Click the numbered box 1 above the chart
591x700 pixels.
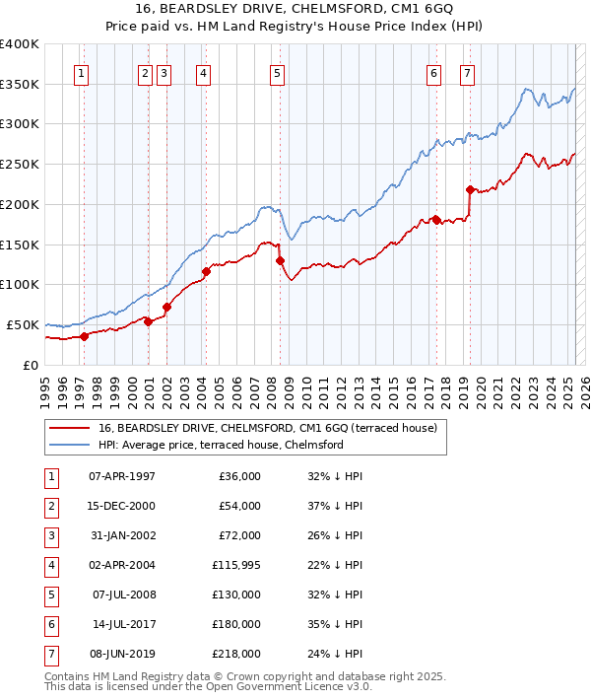(81, 72)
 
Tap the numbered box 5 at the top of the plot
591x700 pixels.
(277, 72)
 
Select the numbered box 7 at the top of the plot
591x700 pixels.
(466, 72)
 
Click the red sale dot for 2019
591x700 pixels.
(470, 189)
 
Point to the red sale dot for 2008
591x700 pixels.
(280, 260)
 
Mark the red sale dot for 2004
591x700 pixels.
(206, 271)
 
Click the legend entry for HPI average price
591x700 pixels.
(220, 445)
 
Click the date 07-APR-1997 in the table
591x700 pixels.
(122, 476)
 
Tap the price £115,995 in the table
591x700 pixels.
(236, 565)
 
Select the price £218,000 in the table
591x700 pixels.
(236, 654)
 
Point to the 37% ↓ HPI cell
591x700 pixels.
(336, 506)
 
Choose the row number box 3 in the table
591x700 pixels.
(50, 535)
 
